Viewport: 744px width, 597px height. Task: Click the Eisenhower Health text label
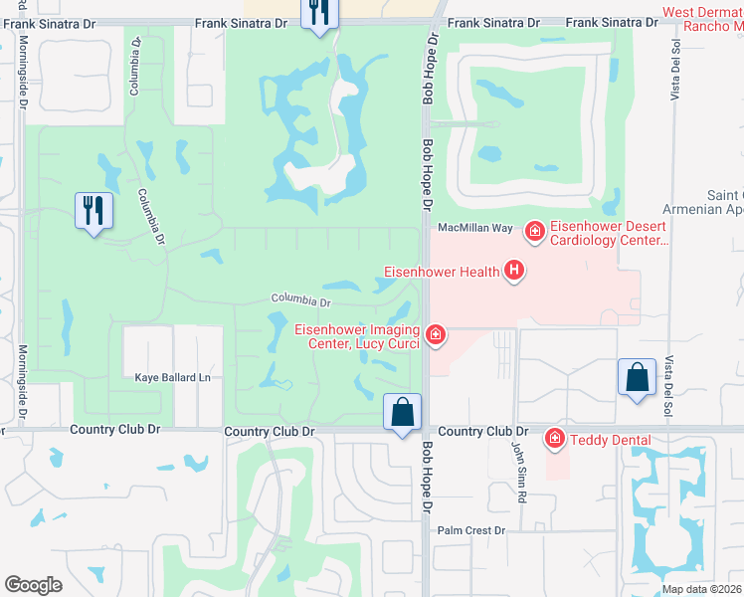pyautogui.click(x=442, y=270)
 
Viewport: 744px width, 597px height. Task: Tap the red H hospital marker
pyautogui.click(x=514, y=270)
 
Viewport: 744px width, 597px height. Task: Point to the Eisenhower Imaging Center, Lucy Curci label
pyautogui.click(x=356, y=336)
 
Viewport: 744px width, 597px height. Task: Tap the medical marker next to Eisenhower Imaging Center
pyautogui.click(x=435, y=335)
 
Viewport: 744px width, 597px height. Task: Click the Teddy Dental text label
pyautogui.click(x=611, y=439)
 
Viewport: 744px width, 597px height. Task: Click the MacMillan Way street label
pyautogui.click(x=475, y=228)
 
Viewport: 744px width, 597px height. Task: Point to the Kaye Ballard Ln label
pyautogui.click(x=174, y=378)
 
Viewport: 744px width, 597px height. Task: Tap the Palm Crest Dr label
pyautogui.click(x=472, y=531)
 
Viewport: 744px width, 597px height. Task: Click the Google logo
pyautogui.click(x=33, y=584)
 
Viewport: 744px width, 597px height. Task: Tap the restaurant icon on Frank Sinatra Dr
pyautogui.click(x=319, y=13)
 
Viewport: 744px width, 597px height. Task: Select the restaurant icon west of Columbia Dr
pyautogui.click(x=94, y=210)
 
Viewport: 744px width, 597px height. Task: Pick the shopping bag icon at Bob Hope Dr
pyautogui.click(x=403, y=412)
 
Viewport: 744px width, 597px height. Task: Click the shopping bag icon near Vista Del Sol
pyautogui.click(x=637, y=377)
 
